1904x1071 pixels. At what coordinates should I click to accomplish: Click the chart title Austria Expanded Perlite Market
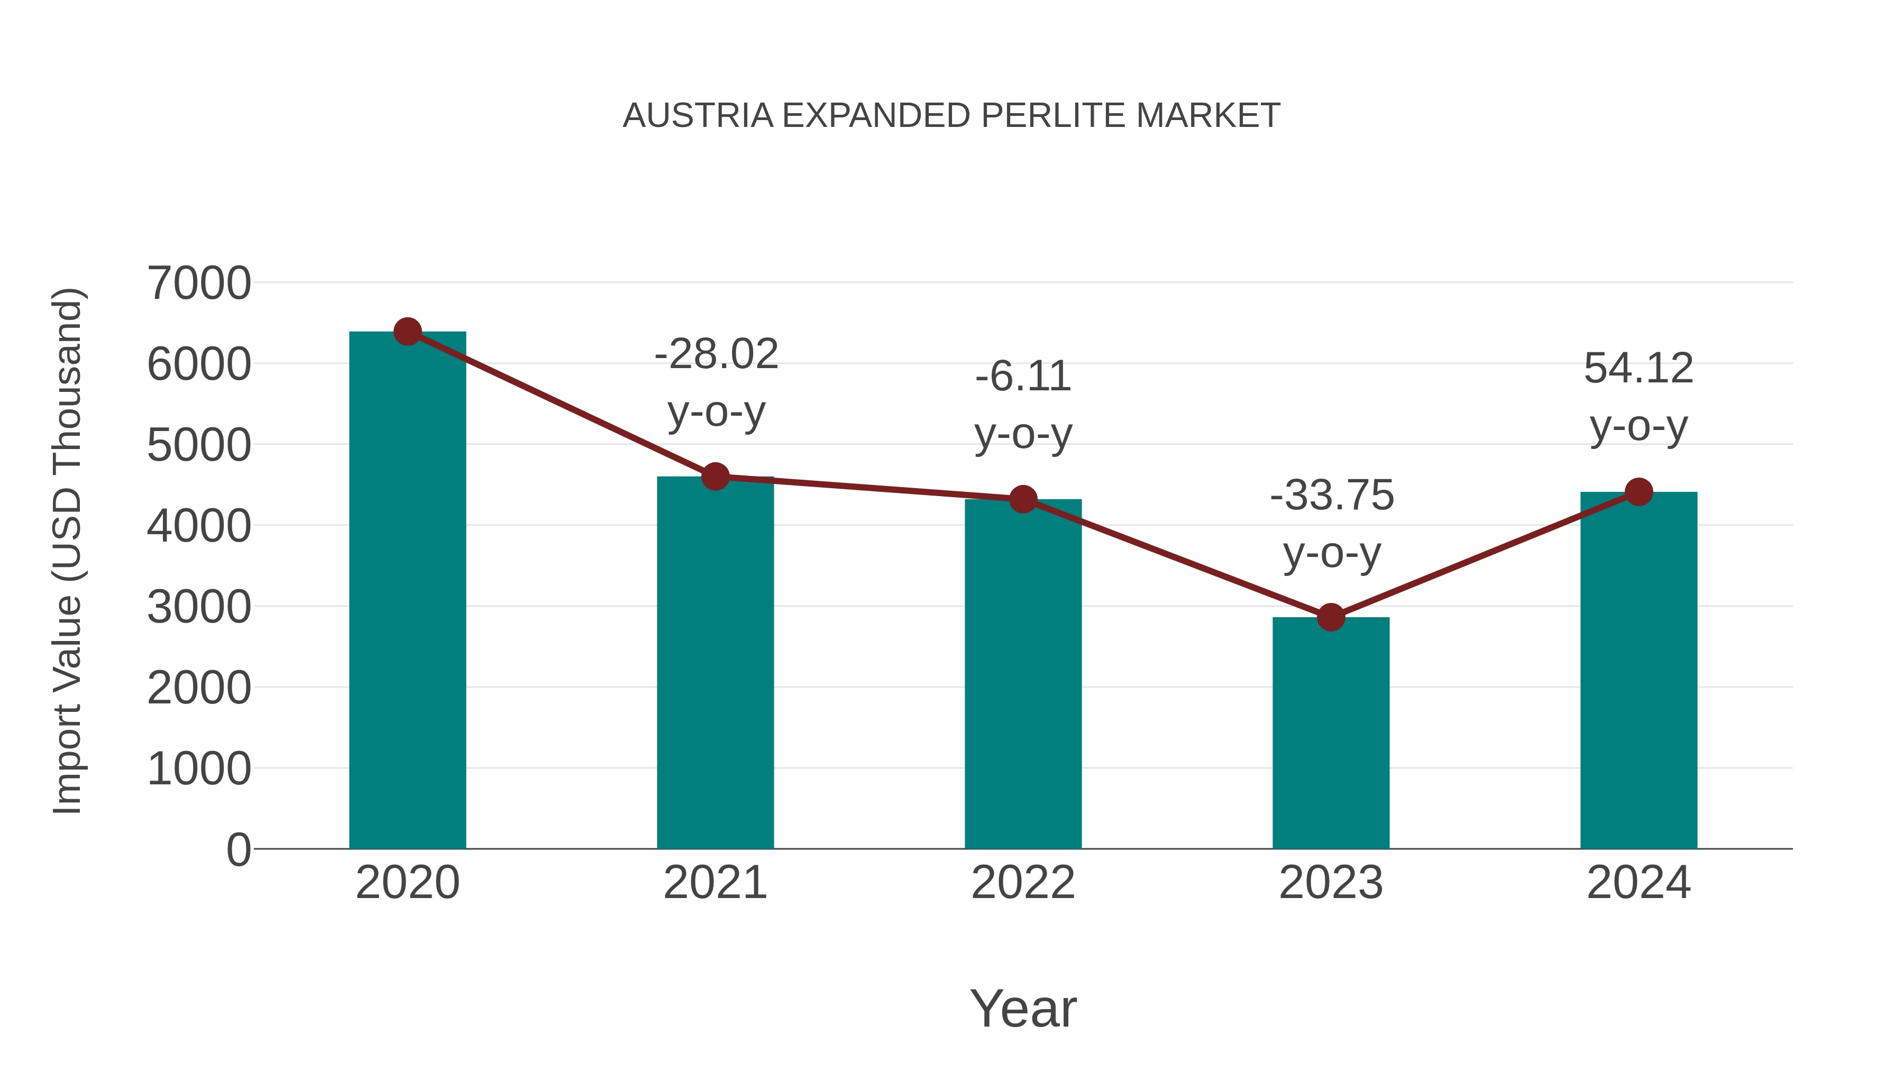coord(951,116)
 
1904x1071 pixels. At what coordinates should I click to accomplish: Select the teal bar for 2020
coord(407,591)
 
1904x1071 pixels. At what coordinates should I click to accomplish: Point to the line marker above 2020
coord(407,332)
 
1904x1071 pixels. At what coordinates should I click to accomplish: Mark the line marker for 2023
coord(1331,617)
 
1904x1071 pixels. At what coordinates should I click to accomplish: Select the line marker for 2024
coord(1638,491)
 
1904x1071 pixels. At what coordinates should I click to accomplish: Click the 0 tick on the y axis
coord(239,849)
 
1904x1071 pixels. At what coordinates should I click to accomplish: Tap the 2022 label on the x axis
coord(1023,883)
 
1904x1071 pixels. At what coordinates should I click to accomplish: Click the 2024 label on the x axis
coord(1638,883)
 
